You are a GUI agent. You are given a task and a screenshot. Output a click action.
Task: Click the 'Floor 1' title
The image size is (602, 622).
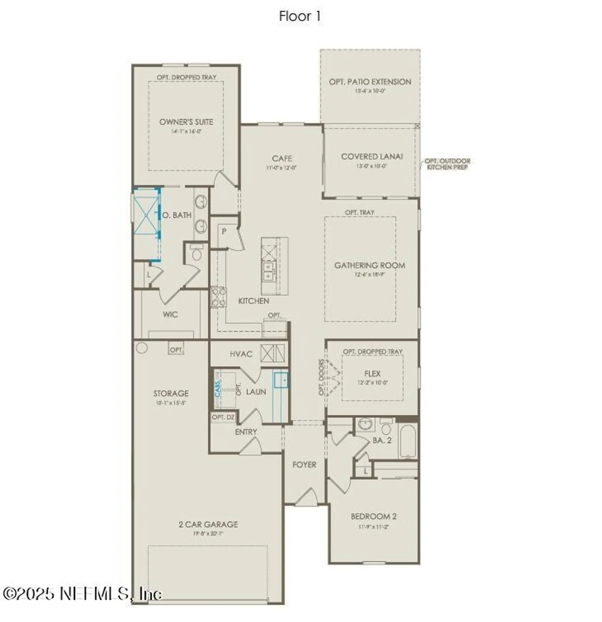click(300, 17)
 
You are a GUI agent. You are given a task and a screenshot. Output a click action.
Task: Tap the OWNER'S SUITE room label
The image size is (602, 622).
click(186, 122)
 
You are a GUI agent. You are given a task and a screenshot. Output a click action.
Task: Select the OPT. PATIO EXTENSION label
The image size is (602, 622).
click(370, 82)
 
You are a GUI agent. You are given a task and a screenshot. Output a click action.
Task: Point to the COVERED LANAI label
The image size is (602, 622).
click(371, 156)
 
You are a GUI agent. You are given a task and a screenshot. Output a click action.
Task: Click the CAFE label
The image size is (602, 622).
click(282, 158)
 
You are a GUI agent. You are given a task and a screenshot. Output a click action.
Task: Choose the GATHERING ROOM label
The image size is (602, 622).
click(370, 265)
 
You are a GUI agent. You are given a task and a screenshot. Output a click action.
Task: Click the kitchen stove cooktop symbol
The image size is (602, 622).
click(218, 297)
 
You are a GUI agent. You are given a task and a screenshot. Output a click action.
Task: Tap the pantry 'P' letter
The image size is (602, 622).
click(224, 231)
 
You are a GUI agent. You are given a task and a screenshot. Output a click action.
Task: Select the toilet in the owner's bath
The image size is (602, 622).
click(197, 253)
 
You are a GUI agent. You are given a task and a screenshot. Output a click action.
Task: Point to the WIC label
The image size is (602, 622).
click(170, 314)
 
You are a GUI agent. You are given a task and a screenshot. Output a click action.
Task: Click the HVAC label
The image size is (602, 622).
click(241, 354)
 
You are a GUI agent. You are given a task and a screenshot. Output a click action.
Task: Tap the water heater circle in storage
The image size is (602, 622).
click(142, 348)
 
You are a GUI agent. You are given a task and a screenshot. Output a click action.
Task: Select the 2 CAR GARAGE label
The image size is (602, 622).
click(208, 525)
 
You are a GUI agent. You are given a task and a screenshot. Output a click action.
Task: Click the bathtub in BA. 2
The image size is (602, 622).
click(408, 441)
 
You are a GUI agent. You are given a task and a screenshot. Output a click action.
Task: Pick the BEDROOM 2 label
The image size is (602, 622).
click(374, 517)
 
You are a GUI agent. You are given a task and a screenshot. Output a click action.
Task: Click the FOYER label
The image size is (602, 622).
click(304, 465)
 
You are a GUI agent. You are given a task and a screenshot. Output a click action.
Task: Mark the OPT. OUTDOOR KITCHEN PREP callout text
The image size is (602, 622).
click(447, 164)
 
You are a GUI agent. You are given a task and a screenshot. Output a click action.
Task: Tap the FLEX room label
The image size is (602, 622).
click(372, 374)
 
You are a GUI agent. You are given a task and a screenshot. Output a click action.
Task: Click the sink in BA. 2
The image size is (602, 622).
click(366, 425)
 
